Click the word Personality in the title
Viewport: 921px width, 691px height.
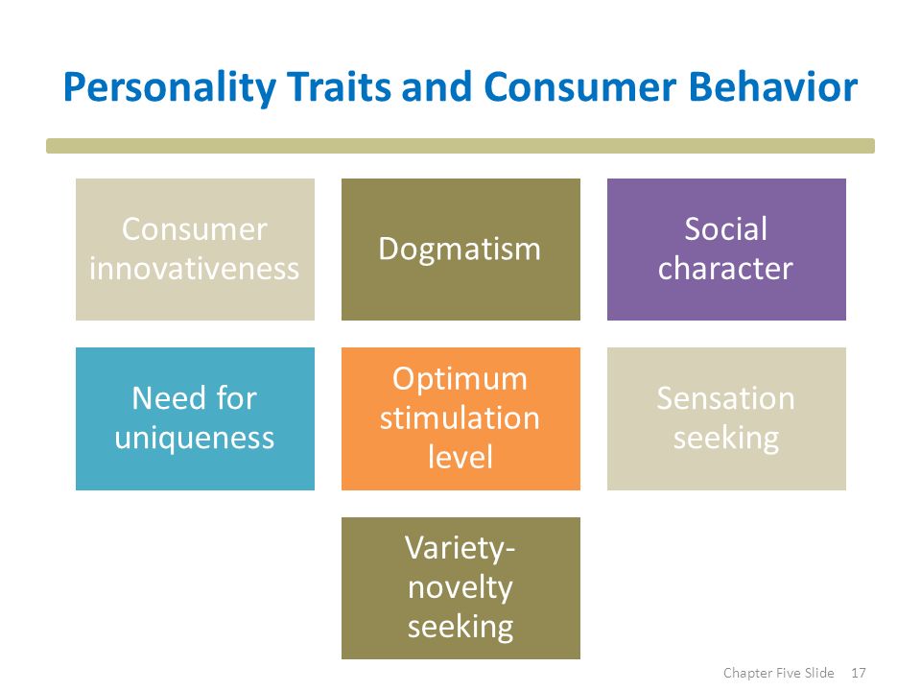click(x=169, y=88)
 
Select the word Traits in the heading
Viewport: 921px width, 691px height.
click(x=340, y=86)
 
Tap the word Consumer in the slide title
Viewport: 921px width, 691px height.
click(x=580, y=86)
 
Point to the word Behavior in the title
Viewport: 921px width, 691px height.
click(x=773, y=86)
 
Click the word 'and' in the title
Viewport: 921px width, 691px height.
click(x=437, y=86)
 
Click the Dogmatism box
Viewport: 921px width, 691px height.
click(x=460, y=250)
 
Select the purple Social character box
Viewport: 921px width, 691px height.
click(x=726, y=250)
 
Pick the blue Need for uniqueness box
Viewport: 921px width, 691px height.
click(x=195, y=418)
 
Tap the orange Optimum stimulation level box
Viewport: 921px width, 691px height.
click(x=460, y=418)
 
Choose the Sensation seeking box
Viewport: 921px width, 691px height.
click(x=726, y=418)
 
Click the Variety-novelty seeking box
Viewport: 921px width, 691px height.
click(x=460, y=588)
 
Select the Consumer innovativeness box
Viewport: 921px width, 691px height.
click(x=195, y=250)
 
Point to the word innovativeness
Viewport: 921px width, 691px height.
click(x=195, y=269)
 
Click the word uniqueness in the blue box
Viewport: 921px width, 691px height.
click(x=195, y=439)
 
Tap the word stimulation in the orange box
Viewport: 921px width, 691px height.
click(x=460, y=417)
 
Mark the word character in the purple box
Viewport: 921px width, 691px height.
click(x=725, y=269)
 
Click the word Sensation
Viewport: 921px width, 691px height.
click(x=726, y=398)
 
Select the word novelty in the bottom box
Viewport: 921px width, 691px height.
click(x=460, y=587)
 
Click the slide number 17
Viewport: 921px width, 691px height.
click(x=859, y=673)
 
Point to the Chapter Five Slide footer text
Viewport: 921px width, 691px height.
click(x=778, y=673)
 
